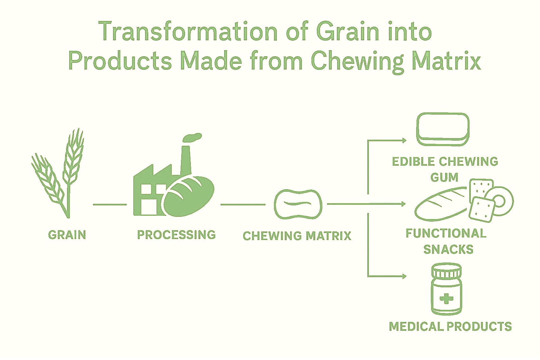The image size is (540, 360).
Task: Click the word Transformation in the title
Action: click(x=188, y=32)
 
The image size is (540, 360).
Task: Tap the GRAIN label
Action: click(x=67, y=235)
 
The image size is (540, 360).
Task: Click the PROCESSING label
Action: click(x=176, y=235)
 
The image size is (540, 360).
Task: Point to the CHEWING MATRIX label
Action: click(x=297, y=236)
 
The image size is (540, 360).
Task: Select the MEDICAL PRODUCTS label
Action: click(x=450, y=326)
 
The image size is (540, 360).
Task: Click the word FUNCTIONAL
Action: click(x=446, y=233)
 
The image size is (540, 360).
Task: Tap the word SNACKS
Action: click(x=448, y=249)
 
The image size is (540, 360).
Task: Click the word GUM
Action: click(x=444, y=177)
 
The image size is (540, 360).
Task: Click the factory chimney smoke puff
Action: click(x=192, y=137)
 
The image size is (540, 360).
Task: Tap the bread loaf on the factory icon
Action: click(x=189, y=196)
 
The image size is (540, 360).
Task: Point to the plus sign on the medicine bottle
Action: click(x=446, y=299)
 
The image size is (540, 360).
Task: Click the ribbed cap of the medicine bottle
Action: click(x=446, y=270)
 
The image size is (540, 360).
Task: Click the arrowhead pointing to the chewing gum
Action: click(x=404, y=140)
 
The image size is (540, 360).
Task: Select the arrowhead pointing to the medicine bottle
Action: click(x=404, y=276)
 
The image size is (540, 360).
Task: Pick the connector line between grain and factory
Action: click(x=110, y=204)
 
